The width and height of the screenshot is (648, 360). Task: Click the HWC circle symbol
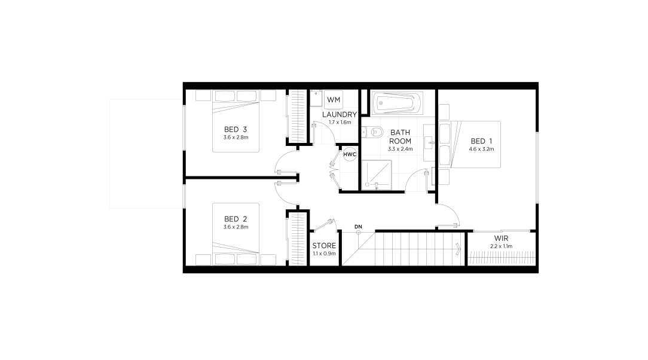pyautogui.click(x=350, y=154)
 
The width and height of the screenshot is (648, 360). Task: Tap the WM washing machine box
pyautogui.click(x=334, y=100)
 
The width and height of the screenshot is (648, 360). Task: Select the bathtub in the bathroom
pyautogui.click(x=397, y=103)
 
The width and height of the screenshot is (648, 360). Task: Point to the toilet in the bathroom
pyautogui.click(x=373, y=132)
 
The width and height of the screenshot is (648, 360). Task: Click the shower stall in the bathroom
pyautogui.click(x=377, y=175)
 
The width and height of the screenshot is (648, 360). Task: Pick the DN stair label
pyautogui.click(x=358, y=227)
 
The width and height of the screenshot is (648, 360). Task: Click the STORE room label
pyautogui.click(x=324, y=246)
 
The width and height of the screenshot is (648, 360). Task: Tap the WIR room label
pyautogui.click(x=501, y=239)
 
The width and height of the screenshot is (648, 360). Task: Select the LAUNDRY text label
pyautogui.click(x=340, y=114)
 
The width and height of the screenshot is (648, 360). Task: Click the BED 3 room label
pyautogui.click(x=235, y=129)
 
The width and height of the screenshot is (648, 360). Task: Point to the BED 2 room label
pyautogui.click(x=235, y=219)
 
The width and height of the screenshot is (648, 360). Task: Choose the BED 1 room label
pyautogui.click(x=481, y=141)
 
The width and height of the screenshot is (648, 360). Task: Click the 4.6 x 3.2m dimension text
pyautogui.click(x=481, y=150)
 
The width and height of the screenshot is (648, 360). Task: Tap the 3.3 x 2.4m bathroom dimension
pyautogui.click(x=400, y=149)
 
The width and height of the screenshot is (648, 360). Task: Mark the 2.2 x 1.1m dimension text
pyautogui.click(x=501, y=246)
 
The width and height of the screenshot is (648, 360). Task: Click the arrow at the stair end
pyautogui.click(x=458, y=249)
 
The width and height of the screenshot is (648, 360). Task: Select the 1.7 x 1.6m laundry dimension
pyautogui.click(x=340, y=123)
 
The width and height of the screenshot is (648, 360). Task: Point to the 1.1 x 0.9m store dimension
pyautogui.click(x=324, y=254)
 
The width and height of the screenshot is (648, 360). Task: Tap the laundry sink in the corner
pyautogui.click(x=316, y=98)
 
